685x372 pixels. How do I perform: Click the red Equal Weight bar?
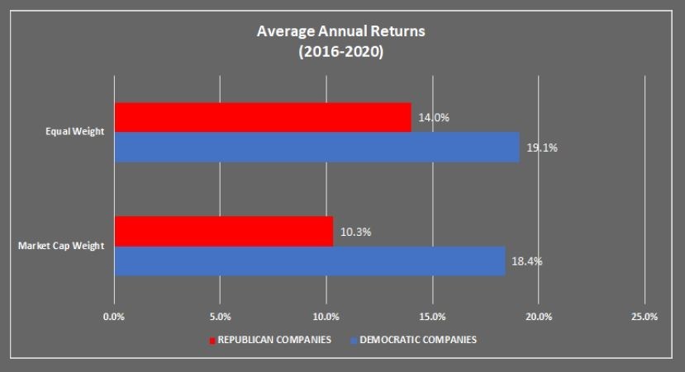click(263, 118)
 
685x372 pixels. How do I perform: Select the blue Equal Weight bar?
click(316, 148)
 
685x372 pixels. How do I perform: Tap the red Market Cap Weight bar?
click(223, 232)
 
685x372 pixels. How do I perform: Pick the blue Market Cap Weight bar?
click(309, 261)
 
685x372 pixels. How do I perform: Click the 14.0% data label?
click(434, 118)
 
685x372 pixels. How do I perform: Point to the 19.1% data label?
click(542, 148)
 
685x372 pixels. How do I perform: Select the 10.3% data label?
click(355, 232)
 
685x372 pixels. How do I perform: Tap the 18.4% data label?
click(526, 262)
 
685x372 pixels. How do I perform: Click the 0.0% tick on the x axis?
click(114, 317)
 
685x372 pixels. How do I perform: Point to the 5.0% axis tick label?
click(220, 317)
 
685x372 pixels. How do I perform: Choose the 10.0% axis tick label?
click(326, 317)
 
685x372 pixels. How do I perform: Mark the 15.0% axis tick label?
click(432, 317)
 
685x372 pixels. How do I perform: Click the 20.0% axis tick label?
click(539, 317)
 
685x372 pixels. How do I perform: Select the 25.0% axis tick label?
click(645, 317)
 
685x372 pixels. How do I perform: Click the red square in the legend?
click(212, 340)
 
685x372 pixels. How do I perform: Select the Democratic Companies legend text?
click(418, 340)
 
